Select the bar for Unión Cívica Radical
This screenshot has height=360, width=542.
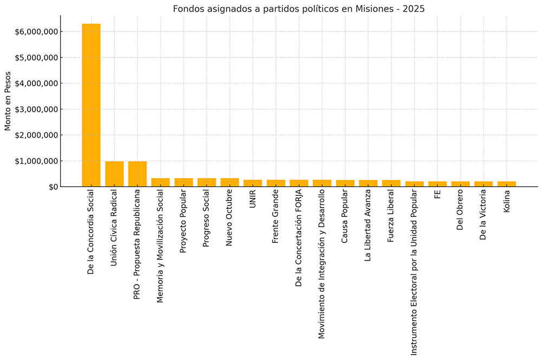tap(114, 174)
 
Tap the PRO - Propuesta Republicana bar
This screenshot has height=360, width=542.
tap(137, 174)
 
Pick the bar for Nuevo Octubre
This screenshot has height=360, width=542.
tap(230, 182)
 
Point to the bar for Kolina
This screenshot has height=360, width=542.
tap(507, 184)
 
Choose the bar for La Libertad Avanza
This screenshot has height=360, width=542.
tap(368, 183)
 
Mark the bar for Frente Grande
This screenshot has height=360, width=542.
tap(276, 183)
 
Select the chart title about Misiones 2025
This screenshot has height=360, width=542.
tap(299, 9)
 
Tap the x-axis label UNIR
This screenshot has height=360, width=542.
tap(253, 201)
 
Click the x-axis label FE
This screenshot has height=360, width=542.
tap(437, 196)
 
